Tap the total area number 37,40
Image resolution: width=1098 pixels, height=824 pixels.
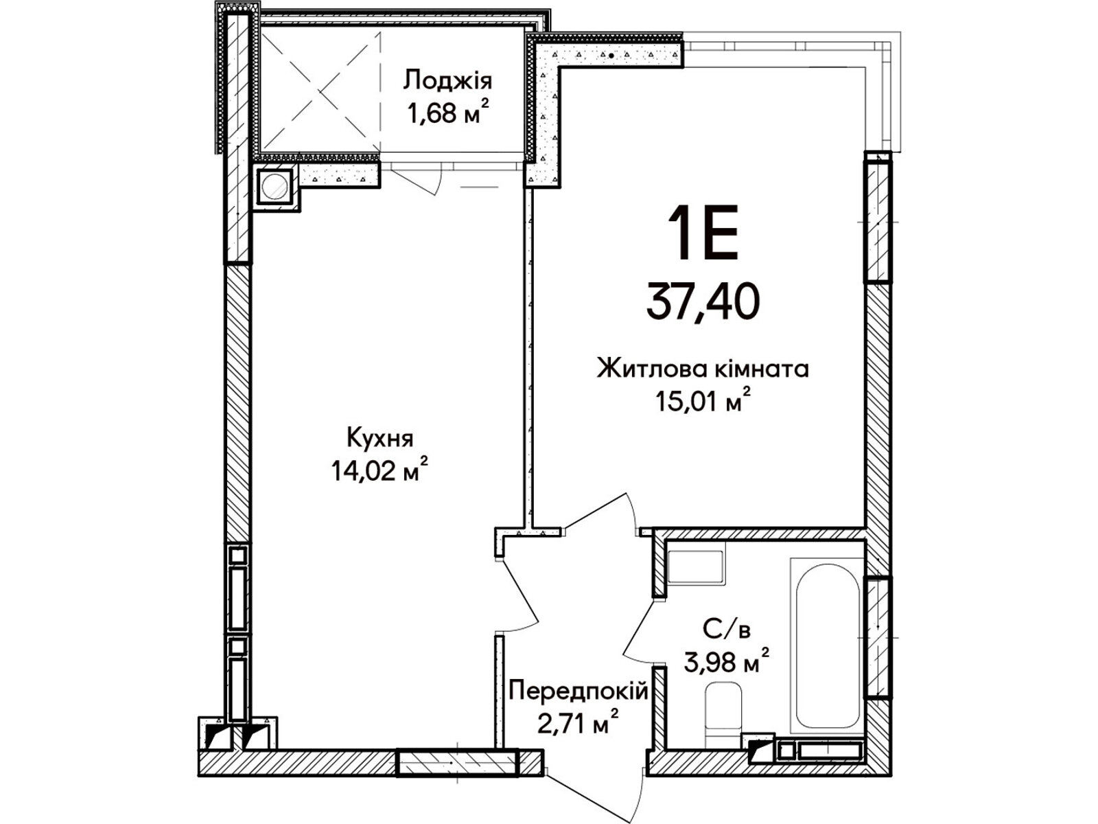coord(703,301)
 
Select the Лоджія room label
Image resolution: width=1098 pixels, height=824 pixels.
coord(447,80)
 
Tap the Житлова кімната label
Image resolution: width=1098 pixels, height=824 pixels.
coord(703,370)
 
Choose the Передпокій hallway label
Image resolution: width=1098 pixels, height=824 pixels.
coord(579,694)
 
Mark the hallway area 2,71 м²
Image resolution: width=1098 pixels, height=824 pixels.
coord(579,724)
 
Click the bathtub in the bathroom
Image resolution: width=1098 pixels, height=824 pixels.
coord(828,646)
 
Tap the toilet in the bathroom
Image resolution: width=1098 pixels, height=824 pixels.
coord(723,716)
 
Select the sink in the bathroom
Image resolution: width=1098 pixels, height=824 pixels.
coord(695,566)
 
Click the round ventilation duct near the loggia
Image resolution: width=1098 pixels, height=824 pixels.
coord(274,187)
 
